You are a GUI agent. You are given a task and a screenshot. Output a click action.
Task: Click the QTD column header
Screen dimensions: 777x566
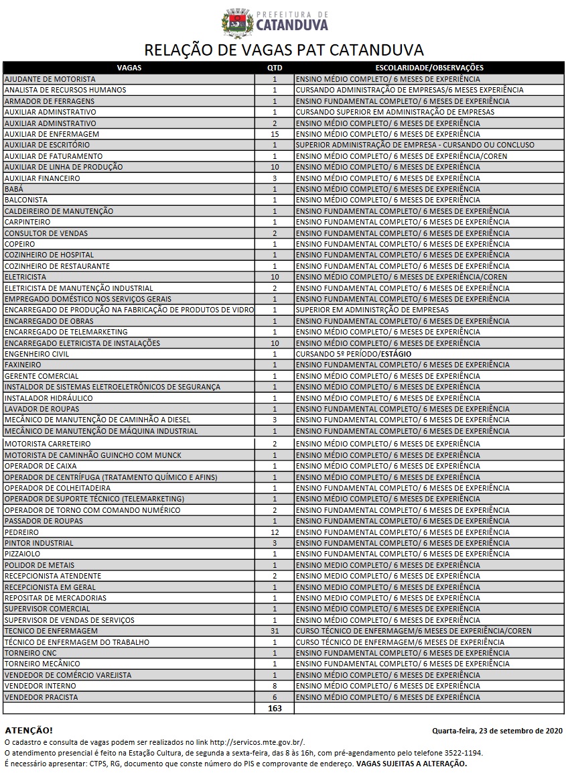(275, 68)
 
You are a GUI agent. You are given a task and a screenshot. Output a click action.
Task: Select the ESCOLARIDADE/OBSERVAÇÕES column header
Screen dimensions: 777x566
(429, 68)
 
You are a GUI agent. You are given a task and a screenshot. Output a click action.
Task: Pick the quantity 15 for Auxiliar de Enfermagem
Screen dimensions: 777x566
(275, 134)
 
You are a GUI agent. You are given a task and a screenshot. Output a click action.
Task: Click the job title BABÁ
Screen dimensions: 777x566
(14, 189)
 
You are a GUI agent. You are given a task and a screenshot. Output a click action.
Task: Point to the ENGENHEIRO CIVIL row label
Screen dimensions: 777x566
(37, 354)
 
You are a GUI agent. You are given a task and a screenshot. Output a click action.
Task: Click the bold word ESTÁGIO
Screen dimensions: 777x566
(395, 354)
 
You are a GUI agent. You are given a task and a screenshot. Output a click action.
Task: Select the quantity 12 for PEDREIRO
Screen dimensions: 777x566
(275, 532)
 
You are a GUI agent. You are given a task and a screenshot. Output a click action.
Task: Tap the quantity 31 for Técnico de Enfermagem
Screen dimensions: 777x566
(275, 631)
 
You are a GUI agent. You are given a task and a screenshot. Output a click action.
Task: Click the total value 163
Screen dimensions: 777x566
(275, 709)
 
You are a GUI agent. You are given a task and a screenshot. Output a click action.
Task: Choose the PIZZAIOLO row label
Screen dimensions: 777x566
(23, 554)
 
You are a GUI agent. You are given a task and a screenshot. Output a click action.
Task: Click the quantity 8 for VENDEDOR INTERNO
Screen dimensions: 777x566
(275, 686)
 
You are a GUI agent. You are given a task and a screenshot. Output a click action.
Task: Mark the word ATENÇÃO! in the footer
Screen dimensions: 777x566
(28, 730)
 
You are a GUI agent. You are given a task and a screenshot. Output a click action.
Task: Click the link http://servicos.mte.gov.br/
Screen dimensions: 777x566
(257, 742)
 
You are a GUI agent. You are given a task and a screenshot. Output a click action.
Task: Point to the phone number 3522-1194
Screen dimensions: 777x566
(463, 753)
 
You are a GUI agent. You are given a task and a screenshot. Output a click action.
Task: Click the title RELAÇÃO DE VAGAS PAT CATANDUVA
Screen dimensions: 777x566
(284, 50)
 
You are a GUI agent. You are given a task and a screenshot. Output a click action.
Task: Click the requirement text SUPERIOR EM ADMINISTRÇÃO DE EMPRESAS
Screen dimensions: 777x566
(372, 310)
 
